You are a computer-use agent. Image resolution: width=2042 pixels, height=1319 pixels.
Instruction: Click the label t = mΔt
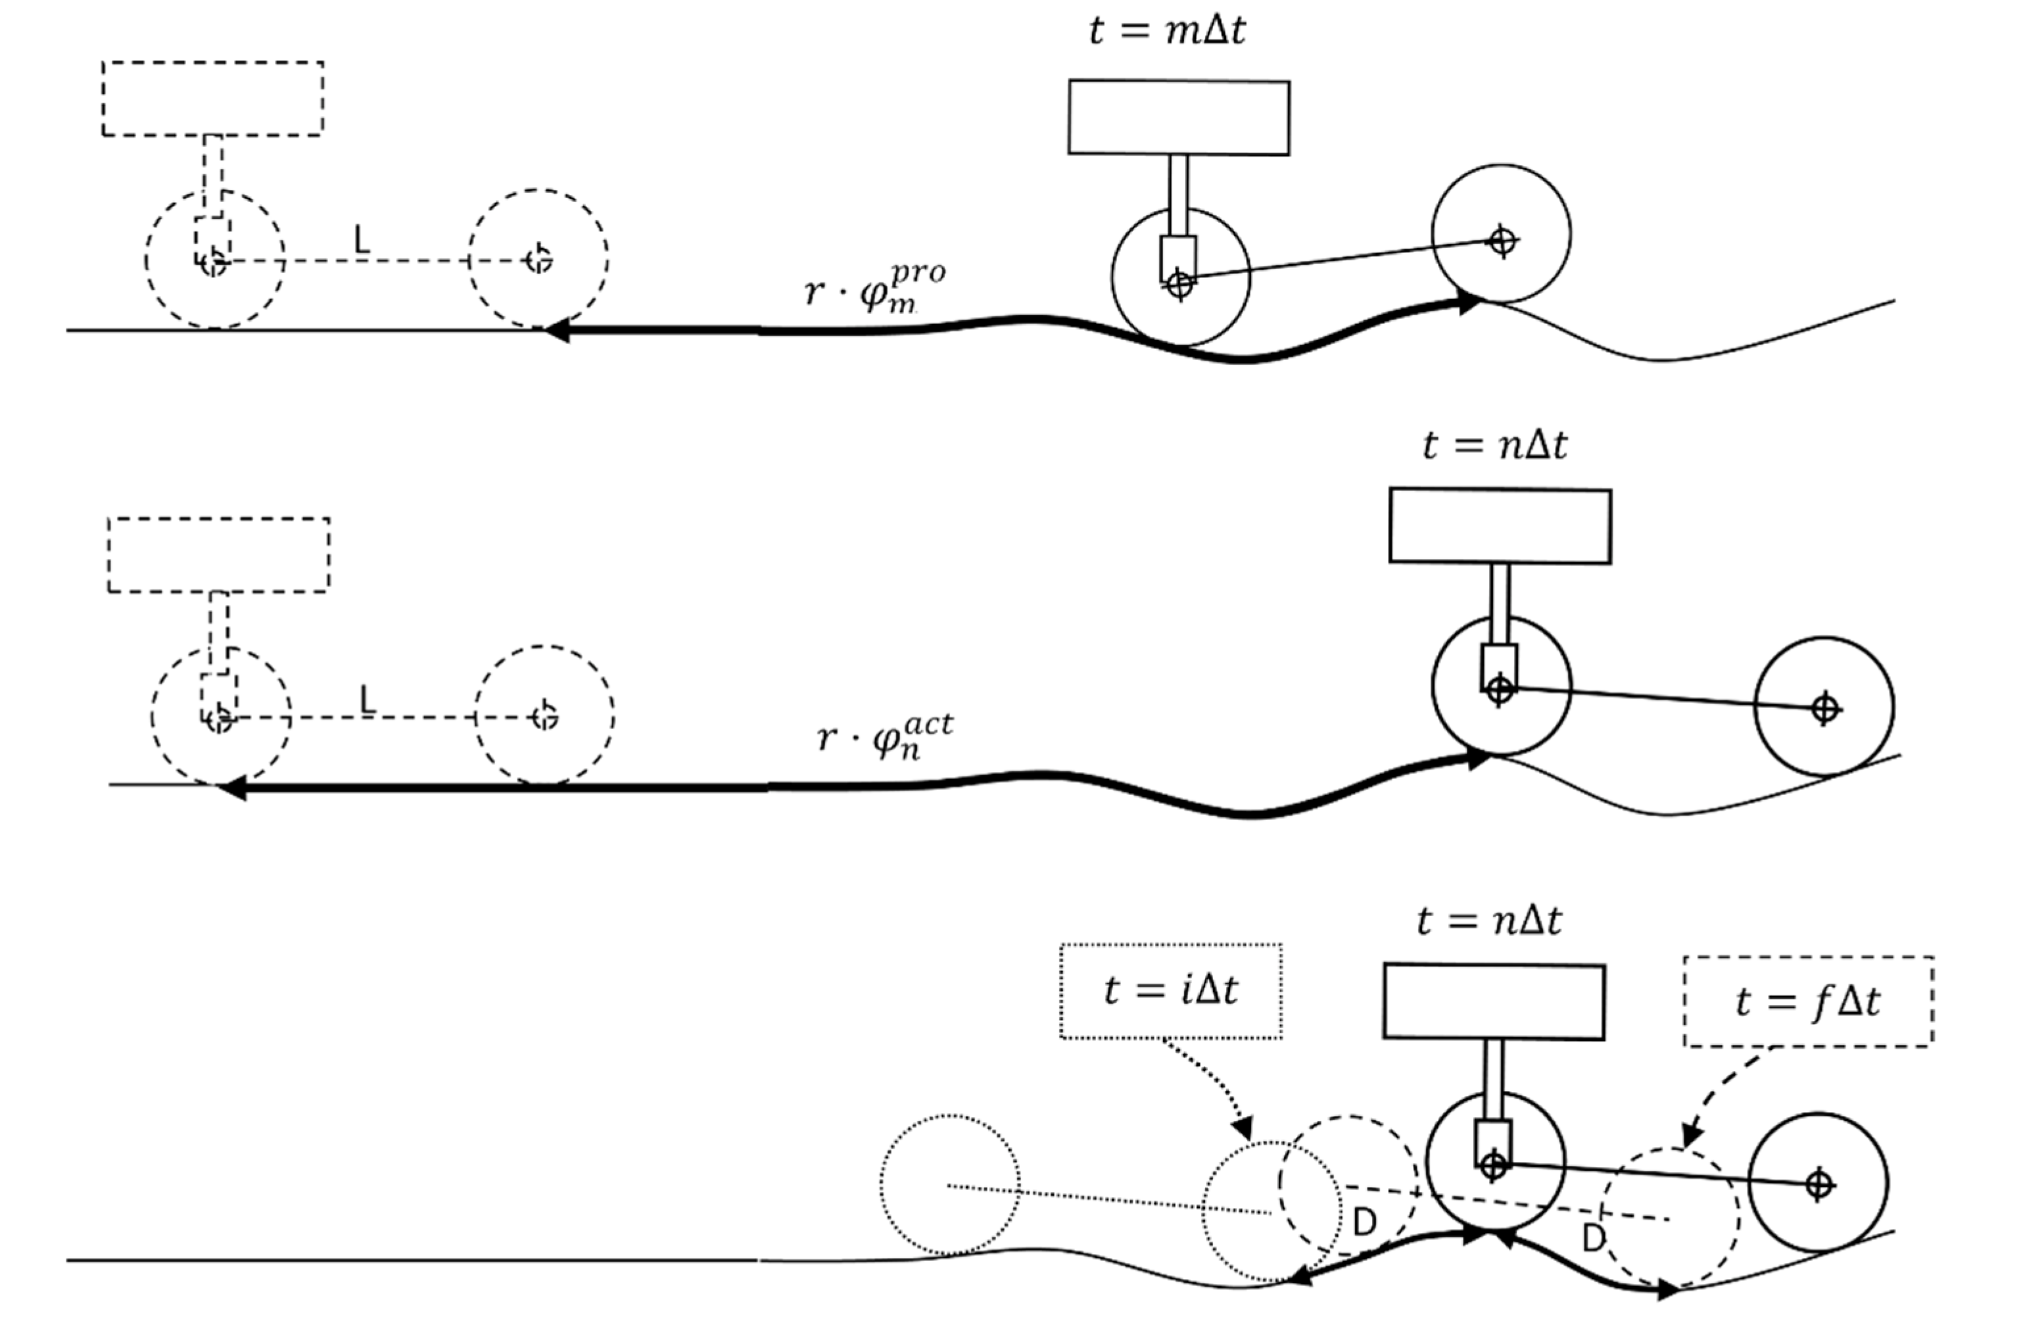(x=1167, y=30)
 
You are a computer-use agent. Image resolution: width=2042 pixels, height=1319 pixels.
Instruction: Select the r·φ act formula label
(x=884, y=736)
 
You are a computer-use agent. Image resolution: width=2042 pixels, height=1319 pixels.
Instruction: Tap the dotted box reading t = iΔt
(x=1170, y=991)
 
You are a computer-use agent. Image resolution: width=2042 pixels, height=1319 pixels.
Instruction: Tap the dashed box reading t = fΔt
(x=1808, y=1001)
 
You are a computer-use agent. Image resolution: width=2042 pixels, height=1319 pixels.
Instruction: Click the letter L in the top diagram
(x=362, y=241)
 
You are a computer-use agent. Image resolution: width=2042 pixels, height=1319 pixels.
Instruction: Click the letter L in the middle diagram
(x=368, y=700)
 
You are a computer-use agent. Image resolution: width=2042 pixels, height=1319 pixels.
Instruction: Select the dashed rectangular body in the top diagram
(x=212, y=99)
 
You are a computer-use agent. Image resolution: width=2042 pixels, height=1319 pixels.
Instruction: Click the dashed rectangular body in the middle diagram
(x=218, y=555)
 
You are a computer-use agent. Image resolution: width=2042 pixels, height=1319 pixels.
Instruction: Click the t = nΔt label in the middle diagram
(x=1495, y=445)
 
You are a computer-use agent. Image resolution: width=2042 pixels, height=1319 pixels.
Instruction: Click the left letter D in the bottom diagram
(x=1364, y=1223)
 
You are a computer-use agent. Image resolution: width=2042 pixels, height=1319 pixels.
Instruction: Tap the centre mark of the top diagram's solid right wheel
(x=1502, y=241)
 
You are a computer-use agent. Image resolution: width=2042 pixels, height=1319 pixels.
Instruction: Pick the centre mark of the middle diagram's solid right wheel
(x=1824, y=708)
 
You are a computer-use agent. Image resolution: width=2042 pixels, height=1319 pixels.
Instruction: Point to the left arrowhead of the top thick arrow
(x=556, y=331)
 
